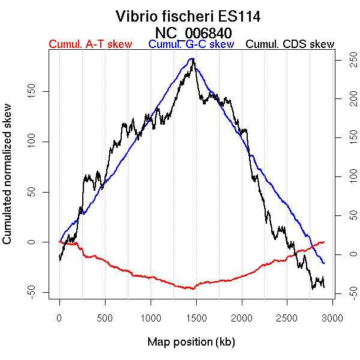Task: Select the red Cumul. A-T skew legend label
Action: point(90,44)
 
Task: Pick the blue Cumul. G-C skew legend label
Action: point(191,44)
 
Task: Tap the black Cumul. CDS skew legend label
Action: point(290,44)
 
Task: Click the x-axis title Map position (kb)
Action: point(191,343)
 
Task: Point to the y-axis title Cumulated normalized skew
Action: point(8,181)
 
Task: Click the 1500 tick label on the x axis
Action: point(241,318)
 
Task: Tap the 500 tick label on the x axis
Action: point(105,318)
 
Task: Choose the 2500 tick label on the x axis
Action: point(287,318)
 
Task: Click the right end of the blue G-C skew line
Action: point(324,263)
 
